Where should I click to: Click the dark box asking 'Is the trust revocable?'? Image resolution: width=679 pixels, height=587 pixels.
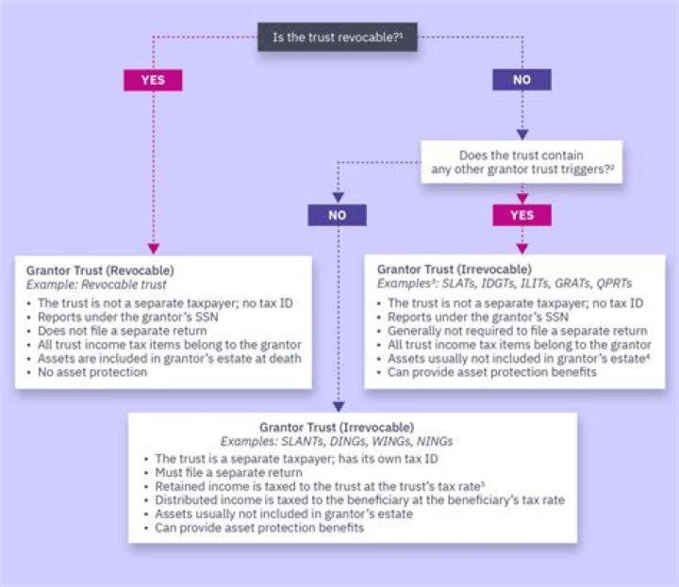pos(338,38)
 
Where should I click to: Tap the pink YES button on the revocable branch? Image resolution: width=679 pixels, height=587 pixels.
pos(152,79)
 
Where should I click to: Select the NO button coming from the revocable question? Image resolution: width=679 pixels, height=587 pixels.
pos(522,79)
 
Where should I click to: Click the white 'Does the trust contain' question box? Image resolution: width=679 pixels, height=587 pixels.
pos(522,161)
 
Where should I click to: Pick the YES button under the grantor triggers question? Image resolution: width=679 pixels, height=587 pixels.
pos(522,215)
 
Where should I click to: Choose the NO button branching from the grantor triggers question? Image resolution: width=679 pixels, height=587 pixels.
pos(337,215)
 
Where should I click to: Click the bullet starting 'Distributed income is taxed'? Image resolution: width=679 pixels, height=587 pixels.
pos(359,500)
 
